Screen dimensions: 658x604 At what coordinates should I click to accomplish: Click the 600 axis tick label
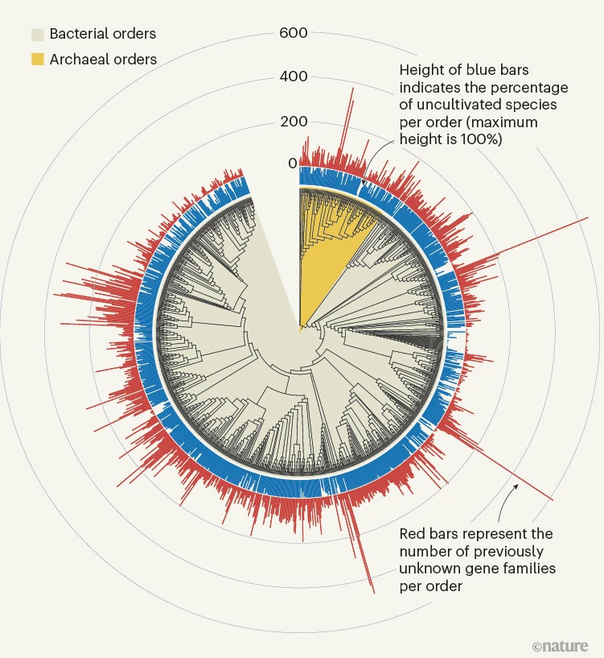click(x=294, y=33)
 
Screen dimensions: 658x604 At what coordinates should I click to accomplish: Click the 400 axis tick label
click(x=294, y=77)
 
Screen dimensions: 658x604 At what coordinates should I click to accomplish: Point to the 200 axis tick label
click(x=294, y=122)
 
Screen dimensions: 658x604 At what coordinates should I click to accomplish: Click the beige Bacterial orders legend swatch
click(x=38, y=34)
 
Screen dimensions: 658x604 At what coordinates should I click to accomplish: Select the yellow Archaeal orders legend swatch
click(x=38, y=59)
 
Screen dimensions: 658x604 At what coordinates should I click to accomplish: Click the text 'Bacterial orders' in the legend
click(x=103, y=34)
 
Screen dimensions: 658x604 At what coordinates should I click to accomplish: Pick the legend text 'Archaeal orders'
click(x=103, y=59)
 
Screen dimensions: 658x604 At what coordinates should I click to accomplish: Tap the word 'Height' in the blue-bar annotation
click(x=421, y=69)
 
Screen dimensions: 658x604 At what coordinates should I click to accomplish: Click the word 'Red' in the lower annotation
click(x=413, y=534)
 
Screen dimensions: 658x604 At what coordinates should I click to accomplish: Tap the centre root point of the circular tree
click(x=300, y=329)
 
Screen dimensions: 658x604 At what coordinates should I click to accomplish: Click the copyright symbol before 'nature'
click(x=537, y=646)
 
